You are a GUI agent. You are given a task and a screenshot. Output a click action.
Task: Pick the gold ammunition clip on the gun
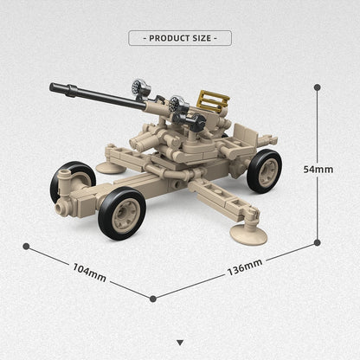tap(213, 101)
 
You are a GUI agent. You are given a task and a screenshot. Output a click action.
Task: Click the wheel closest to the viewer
tap(122, 213)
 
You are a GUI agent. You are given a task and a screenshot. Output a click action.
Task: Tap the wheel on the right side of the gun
tap(264, 170)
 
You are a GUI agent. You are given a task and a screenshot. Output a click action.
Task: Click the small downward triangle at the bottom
tap(180, 343)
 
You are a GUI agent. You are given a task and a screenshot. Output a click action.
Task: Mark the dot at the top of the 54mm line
tap(317, 87)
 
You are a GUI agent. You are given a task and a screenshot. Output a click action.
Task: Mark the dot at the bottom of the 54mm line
tap(317, 241)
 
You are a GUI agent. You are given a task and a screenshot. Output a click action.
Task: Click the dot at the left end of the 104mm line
tap(26, 246)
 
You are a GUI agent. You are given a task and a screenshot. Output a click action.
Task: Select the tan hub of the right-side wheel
tap(266, 171)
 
